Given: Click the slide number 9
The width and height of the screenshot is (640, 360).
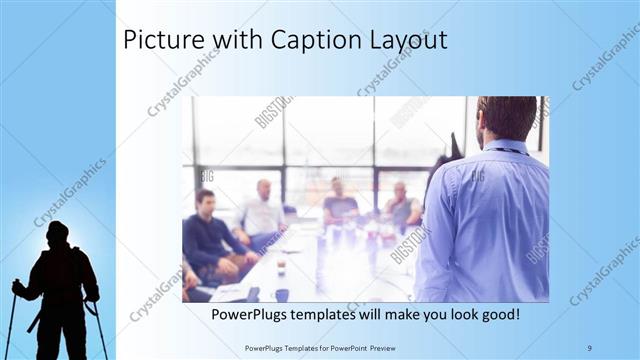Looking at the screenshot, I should [589, 347].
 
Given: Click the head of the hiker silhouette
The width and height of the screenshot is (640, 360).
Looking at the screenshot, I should [58, 233].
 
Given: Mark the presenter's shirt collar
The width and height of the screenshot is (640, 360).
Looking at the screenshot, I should [504, 148].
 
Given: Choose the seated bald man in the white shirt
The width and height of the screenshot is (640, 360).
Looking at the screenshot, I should [263, 212].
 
